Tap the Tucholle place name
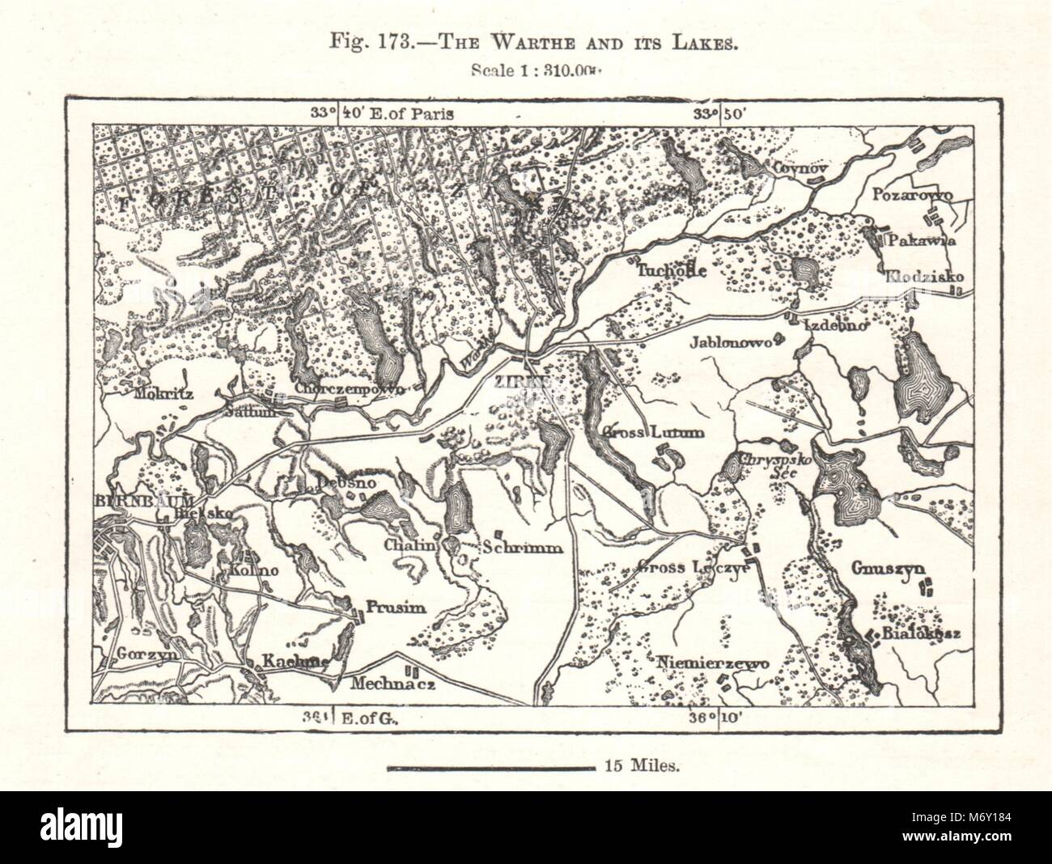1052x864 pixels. pos(672,270)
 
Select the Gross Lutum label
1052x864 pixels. pos(651,432)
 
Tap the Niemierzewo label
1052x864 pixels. pos(712,661)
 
